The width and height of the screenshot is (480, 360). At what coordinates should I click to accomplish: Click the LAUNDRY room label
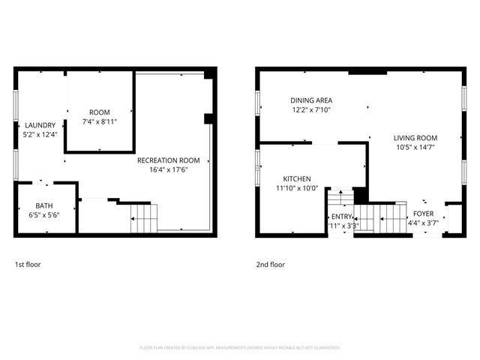[40, 125]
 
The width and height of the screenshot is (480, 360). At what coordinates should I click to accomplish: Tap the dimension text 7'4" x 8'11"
[100, 121]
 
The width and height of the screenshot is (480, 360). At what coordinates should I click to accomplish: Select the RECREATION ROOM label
[168, 160]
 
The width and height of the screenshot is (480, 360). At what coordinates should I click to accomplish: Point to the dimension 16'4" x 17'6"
[168, 169]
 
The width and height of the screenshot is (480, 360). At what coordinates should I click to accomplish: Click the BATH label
[45, 205]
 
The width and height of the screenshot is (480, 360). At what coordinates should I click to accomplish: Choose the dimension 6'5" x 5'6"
[45, 215]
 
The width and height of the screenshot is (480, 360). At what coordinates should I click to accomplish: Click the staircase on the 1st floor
[145, 218]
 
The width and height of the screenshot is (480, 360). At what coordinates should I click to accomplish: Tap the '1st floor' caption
[29, 264]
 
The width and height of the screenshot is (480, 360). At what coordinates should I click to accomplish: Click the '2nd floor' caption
[270, 264]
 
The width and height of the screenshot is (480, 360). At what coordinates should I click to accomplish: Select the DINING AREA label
[311, 100]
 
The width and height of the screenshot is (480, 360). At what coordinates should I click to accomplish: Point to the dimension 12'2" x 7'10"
[311, 109]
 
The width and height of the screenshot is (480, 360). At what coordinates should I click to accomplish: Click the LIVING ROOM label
[415, 138]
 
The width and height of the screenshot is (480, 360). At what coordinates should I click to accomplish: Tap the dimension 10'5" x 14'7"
[415, 148]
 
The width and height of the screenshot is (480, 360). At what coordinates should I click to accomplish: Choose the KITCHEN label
[297, 178]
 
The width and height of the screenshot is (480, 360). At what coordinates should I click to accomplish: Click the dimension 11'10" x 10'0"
[297, 188]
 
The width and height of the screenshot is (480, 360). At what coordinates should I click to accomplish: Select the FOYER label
[424, 214]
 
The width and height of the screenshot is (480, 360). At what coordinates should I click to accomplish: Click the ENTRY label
[340, 216]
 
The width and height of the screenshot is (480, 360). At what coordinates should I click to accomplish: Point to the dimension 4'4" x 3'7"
[424, 223]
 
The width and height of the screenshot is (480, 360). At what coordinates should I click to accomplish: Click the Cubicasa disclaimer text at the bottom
[240, 348]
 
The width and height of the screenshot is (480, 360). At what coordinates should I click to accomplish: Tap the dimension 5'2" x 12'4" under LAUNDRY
[40, 134]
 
